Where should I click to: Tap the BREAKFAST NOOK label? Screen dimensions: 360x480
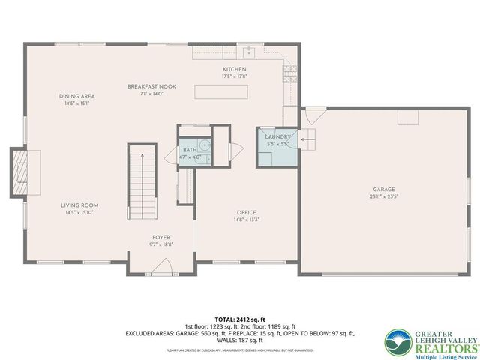[x=151, y=87]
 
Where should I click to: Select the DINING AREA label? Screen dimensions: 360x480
[x=77, y=96]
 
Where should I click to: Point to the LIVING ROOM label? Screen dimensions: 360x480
[x=79, y=205]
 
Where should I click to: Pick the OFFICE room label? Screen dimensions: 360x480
[x=247, y=212]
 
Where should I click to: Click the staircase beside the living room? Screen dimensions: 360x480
[x=139, y=176]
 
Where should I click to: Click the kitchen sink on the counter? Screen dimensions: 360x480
[x=250, y=52]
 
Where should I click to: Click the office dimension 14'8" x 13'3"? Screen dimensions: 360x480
[x=247, y=220]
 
